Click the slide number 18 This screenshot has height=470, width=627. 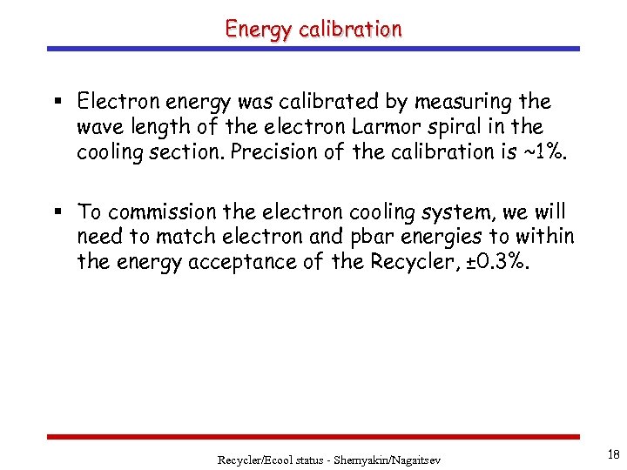(613, 454)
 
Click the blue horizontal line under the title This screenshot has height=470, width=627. (313, 49)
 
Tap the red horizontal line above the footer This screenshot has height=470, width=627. (313, 436)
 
